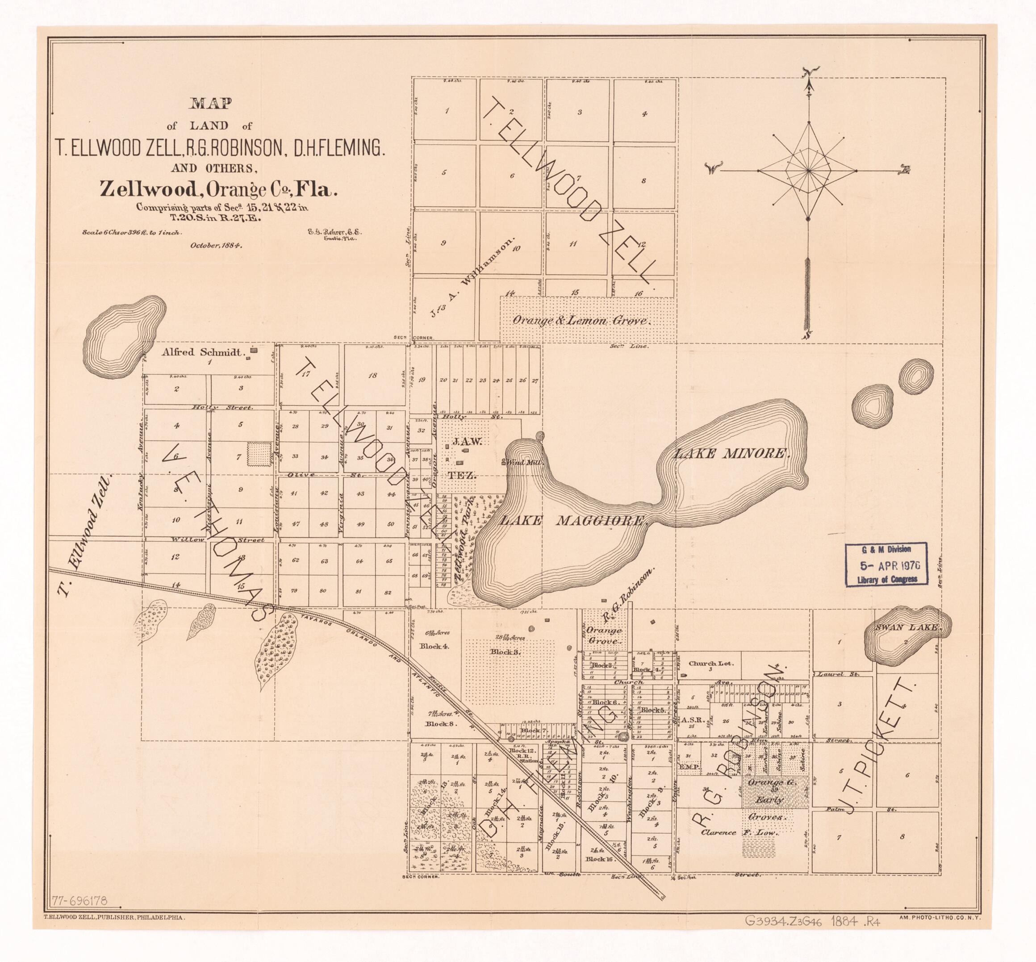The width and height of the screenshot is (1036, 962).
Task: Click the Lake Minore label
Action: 732,454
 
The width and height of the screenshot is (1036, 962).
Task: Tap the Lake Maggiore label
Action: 572,520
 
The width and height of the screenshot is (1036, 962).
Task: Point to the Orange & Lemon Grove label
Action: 581,321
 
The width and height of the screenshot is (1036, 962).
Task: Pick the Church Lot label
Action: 710,664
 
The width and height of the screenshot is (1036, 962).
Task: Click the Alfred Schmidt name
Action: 203,352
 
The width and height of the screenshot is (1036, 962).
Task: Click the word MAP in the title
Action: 210,104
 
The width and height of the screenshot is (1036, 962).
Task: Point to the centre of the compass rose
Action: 808,170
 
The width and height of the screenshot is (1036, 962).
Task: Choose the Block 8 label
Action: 440,724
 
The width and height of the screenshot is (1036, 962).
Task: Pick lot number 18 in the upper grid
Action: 372,375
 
